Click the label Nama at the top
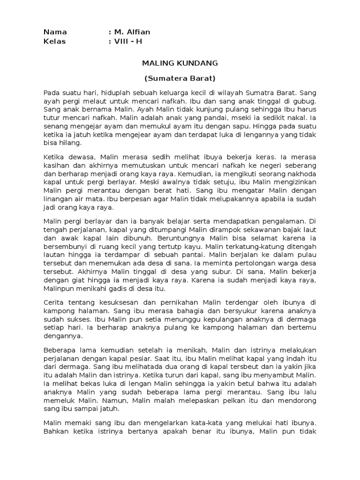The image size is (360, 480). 55,32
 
